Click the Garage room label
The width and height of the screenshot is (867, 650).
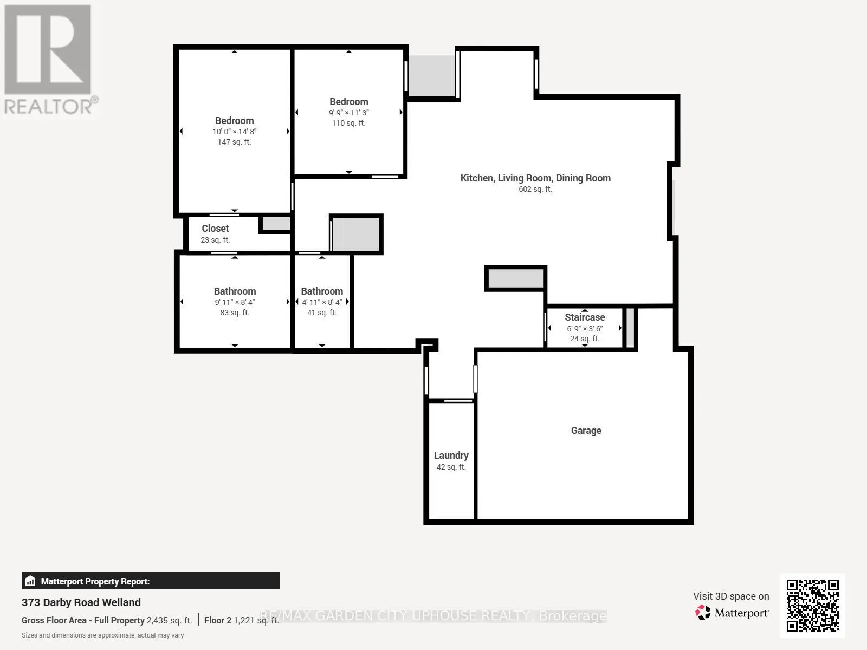[586, 431]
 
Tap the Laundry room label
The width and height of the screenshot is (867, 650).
[451, 456]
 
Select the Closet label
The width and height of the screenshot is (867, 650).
[215, 229]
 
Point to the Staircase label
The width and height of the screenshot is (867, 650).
[585, 317]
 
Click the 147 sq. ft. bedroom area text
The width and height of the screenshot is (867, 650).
[234, 142]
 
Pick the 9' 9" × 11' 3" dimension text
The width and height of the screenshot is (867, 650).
[349, 113]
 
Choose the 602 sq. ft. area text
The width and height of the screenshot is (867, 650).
[535, 189]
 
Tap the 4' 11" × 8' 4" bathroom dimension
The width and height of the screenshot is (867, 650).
[322, 302]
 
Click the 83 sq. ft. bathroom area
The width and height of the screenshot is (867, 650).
[235, 313]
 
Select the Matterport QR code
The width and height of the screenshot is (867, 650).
[812, 606]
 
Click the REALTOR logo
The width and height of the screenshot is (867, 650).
[49, 59]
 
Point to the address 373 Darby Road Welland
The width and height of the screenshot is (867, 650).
[81, 602]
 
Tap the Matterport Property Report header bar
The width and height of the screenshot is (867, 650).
[151, 581]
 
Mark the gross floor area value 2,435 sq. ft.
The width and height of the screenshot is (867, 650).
[169, 620]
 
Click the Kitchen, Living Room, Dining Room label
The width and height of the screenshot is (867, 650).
[535, 178]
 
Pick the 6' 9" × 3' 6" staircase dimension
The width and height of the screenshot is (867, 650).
[585, 328]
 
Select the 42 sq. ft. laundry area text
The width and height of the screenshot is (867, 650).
[451, 467]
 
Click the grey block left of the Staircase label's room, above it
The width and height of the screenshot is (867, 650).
[515, 278]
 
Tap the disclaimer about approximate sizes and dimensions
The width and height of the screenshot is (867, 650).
[103, 635]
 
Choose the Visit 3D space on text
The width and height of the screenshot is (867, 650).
[731, 596]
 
